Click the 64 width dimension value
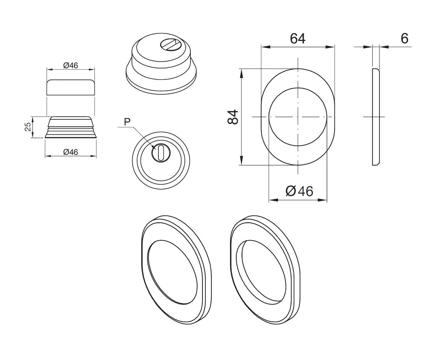click(x=297, y=38)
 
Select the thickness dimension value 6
click(x=404, y=38)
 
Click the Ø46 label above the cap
click(x=71, y=65)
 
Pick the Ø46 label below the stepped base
click(x=71, y=152)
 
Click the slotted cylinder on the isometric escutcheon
click(x=169, y=44)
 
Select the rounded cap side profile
click(x=71, y=87)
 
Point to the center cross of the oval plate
click(x=298, y=117)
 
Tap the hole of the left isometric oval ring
click(x=172, y=271)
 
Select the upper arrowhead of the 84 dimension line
click(x=242, y=71)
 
